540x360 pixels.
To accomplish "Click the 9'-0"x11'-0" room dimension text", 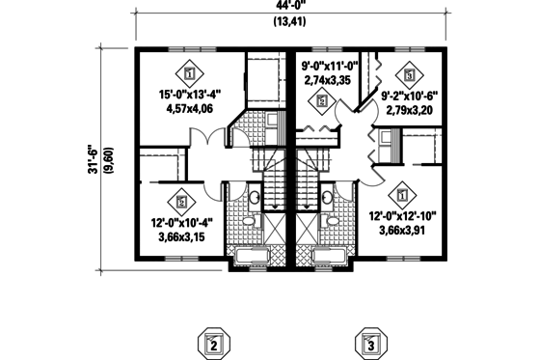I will pyautogui.click(x=329, y=67).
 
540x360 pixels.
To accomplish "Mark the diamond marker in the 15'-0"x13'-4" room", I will pyautogui.click(x=189, y=72).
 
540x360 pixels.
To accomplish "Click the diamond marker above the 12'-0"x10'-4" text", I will pyautogui.click(x=181, y=202).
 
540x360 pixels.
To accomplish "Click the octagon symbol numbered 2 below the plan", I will pyautogui.click(x=214, y=343).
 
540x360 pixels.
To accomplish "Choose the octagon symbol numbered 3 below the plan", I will pyautogui.click(x=368, y=343).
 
